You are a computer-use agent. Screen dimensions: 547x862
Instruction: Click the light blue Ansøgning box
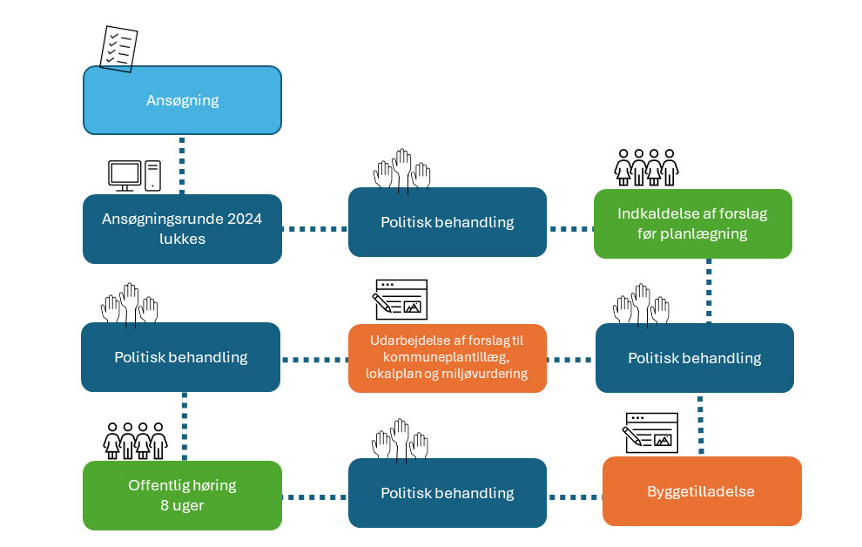point(182,100)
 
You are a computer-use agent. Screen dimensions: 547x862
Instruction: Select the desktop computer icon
point(134,175)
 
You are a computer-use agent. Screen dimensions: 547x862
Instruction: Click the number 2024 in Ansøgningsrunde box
point(243,219)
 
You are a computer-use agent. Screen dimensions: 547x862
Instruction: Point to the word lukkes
point(182,238)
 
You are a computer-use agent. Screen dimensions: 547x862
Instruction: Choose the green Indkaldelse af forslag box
point(692,224)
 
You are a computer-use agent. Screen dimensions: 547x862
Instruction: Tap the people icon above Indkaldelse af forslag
point(646,166)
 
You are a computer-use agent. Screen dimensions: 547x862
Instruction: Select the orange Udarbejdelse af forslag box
point(447,358)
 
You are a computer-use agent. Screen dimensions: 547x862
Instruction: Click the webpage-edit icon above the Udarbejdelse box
point(400,298)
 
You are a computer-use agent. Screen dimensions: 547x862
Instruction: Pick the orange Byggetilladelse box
point(701,491)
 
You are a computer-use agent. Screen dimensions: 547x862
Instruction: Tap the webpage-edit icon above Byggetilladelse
point(650,433)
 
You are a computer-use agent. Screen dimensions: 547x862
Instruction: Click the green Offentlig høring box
point(182,495)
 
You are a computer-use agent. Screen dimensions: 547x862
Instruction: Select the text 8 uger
point(182,504)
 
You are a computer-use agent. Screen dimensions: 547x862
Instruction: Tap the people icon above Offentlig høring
point(135,440)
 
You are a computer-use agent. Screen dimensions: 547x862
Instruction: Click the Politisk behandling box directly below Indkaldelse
point(694,358)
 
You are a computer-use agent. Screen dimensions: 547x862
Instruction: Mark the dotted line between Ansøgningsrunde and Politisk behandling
point(314,229)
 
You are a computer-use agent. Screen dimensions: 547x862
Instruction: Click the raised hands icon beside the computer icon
point(401,169)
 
